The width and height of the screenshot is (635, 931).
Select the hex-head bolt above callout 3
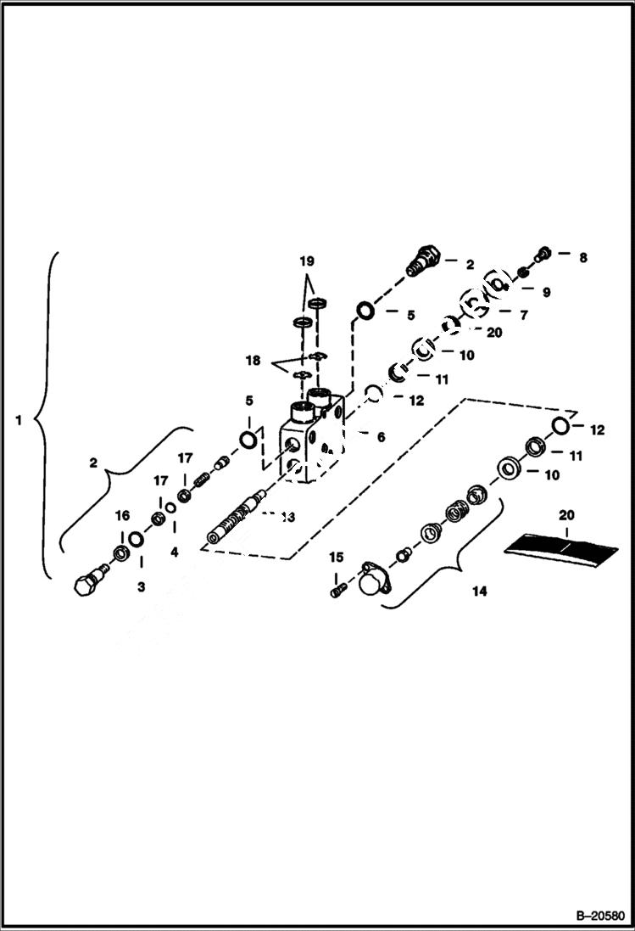87,586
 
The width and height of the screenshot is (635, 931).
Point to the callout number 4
173,552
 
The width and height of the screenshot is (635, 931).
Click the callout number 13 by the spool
287,515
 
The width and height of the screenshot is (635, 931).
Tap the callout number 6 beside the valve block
381,437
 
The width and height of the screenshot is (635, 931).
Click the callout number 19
306,261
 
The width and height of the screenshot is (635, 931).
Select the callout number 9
546,292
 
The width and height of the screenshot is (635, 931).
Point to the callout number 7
522,315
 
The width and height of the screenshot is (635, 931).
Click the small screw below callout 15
337,586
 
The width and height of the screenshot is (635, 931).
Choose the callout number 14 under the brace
479,592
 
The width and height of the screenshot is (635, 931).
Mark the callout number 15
336,557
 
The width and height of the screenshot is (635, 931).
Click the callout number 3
141,586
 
